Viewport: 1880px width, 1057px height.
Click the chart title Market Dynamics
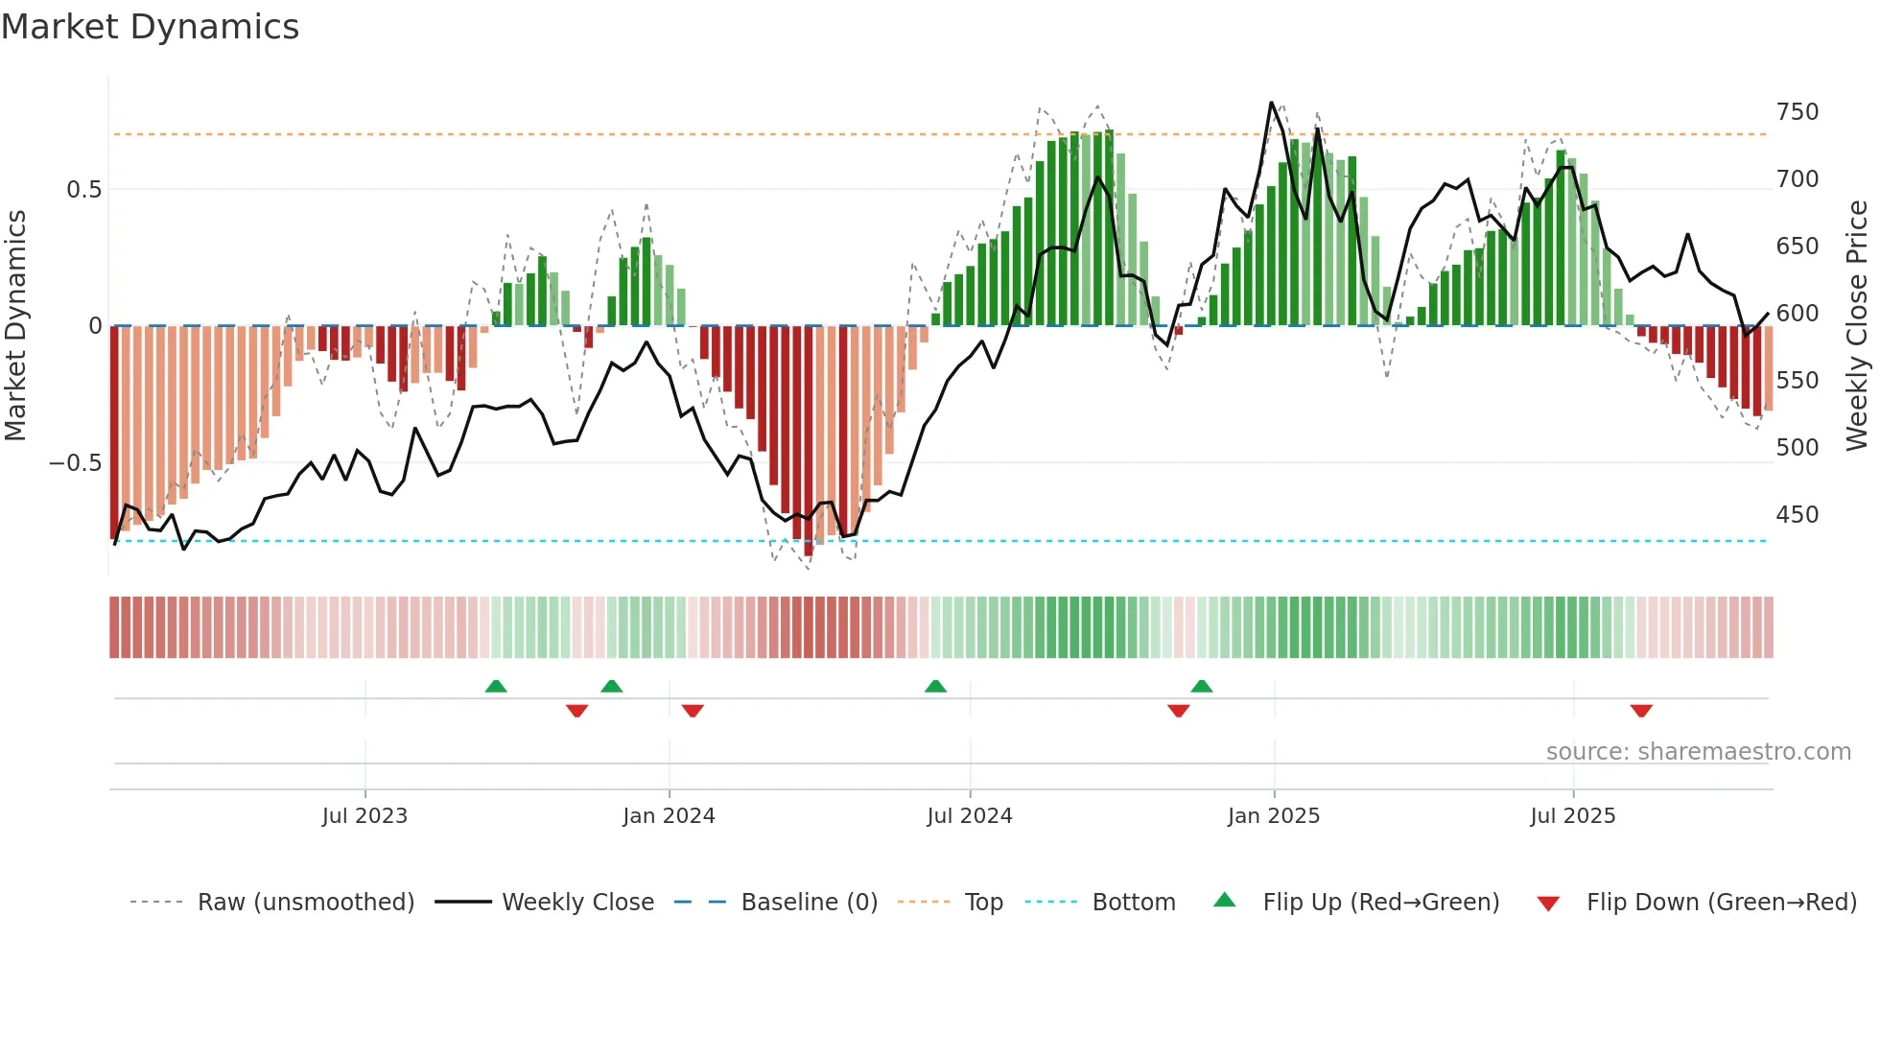150,27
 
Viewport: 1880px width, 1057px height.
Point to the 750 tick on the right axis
1797,112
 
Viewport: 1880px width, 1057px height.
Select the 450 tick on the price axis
1797,515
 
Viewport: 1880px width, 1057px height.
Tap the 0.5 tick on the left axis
83,190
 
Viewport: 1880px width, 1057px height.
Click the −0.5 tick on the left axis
76,463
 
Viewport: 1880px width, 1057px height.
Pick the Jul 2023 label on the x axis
364,816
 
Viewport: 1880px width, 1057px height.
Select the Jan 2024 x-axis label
669,816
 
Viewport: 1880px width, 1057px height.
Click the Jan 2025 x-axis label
1274,816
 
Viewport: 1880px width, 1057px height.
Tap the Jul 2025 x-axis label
1573,816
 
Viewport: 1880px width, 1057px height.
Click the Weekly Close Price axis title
1857,326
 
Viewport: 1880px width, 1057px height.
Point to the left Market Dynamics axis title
15,326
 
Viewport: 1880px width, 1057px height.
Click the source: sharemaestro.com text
1698,752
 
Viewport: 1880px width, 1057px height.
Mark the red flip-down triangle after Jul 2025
1641,711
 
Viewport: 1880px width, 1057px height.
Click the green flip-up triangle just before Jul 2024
935,686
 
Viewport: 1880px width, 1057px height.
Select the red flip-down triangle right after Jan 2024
693,711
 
